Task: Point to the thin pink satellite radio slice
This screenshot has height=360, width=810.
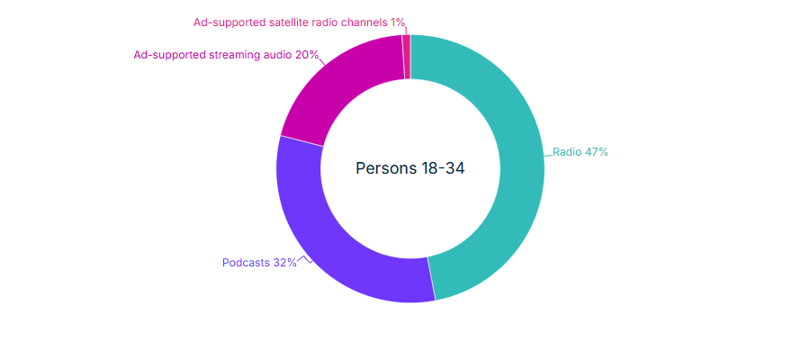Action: click(407, 57)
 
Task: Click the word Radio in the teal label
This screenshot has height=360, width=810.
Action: click(567, 152)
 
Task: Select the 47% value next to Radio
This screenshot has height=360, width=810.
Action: click(597, 152)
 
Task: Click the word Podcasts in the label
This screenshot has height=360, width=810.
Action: click(246, 263)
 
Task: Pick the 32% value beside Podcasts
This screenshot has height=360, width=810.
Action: click(285, 263)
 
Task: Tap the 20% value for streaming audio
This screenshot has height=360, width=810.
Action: click(307, 55)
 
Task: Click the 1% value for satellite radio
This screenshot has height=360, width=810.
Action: click(398, 22)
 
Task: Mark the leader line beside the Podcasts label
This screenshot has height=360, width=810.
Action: click(305, 260)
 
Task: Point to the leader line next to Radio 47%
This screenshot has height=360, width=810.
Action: click(548, 155)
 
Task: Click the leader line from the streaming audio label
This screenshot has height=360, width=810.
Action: click(322, 62)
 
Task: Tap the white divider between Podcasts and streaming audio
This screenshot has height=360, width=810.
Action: click(301, 141)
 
